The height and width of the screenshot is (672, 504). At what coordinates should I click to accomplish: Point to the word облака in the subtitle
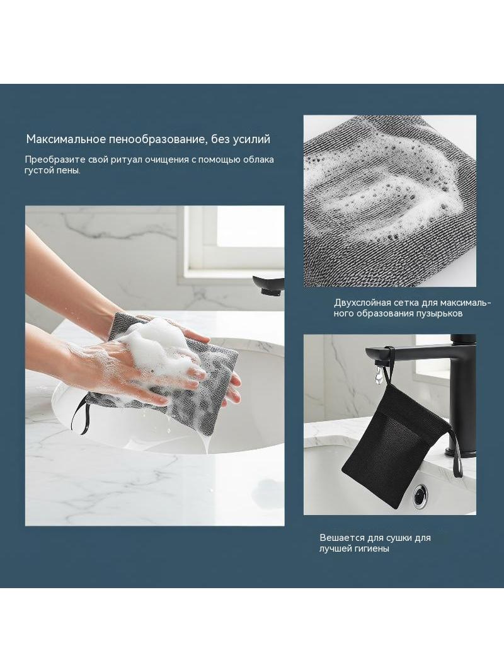tap(258, 160)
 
